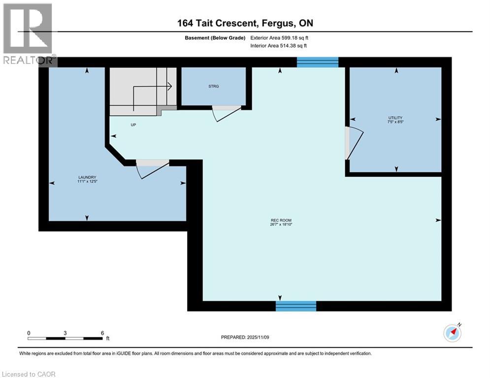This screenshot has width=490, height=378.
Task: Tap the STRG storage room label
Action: click(213, 86)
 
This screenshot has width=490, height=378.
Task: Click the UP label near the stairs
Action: click(133, 125)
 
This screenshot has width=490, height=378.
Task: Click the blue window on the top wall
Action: click(318, 62)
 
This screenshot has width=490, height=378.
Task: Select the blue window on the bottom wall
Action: click(295, 306)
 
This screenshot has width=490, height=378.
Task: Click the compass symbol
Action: click(452, 333)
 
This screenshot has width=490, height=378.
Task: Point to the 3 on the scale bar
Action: click(65, 333)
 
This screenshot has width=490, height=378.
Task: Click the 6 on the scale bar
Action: click(102, 333)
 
